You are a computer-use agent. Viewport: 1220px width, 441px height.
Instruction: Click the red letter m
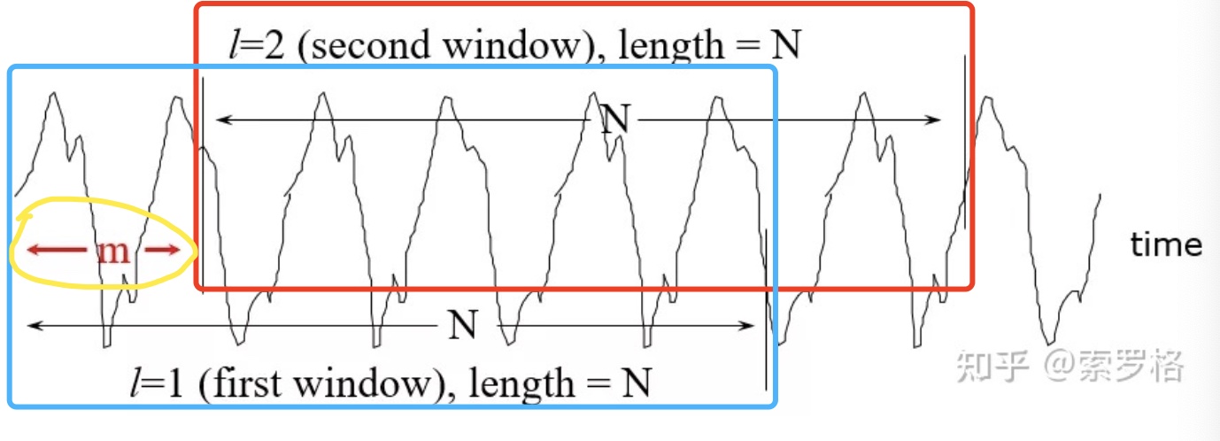tap(113, 251)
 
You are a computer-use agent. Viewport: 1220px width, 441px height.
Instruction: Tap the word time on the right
tap(1166, 244)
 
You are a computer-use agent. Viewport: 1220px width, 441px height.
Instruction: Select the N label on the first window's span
tap(462, 326)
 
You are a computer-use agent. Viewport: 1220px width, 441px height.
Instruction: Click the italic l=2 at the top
tap(256, 45)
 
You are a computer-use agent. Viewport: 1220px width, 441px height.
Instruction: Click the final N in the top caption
tap(785, 45)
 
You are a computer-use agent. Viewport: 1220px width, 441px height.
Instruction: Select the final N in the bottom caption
tap(636, 384)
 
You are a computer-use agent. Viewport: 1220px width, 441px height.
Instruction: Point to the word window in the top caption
tap(513, 45)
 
